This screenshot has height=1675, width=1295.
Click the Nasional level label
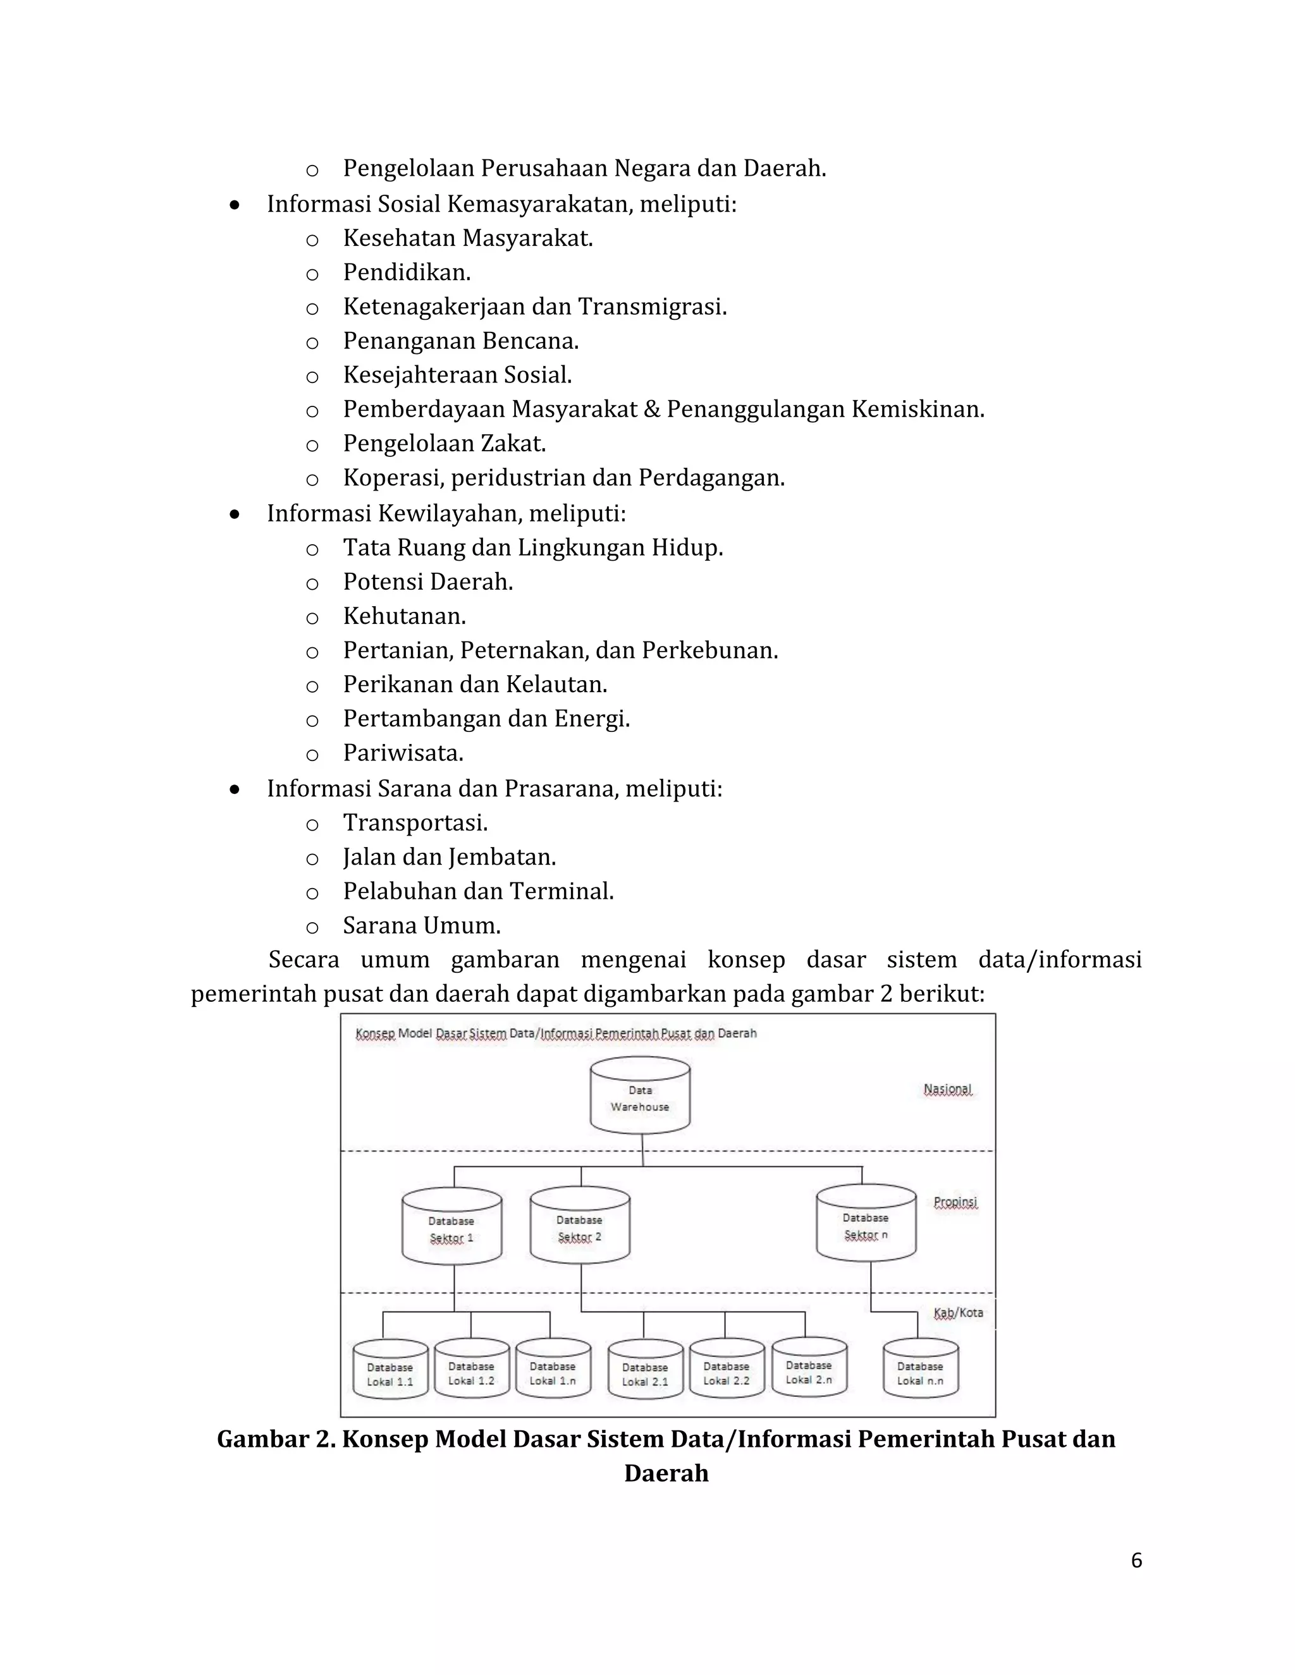947,1089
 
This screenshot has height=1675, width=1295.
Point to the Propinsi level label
955,1203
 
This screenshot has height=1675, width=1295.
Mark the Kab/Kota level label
958,1313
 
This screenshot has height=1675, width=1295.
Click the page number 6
1136,1561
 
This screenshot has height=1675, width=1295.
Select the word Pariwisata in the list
403,753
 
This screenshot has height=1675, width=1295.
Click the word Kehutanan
404,616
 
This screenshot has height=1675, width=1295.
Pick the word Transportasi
415,823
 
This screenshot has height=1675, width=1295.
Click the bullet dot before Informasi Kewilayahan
235,514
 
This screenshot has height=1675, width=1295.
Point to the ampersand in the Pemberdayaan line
651,410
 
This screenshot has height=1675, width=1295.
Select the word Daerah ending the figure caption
666,1473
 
